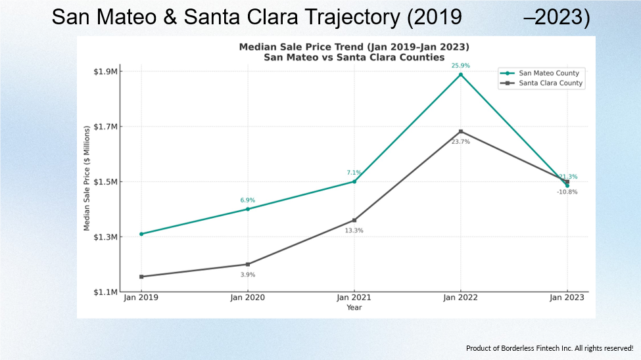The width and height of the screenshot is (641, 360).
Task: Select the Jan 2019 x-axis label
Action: coord(141,298)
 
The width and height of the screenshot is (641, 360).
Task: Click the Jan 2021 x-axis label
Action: coord(354,298)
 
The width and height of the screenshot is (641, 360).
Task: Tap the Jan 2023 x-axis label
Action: coord(567,298)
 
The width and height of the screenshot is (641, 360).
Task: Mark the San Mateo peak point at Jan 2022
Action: coord(461,74)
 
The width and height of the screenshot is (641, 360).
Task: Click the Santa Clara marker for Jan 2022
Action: coord(461,131)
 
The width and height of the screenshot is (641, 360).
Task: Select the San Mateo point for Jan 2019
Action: coord(141,234)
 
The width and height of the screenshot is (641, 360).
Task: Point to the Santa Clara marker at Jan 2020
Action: coord(248,264)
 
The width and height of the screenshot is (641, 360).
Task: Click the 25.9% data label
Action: coord(460,66)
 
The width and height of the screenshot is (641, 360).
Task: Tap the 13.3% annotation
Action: coord(354,231)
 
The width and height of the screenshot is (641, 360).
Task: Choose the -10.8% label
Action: coord(567,192)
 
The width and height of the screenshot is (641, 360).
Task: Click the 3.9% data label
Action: coord(248,275)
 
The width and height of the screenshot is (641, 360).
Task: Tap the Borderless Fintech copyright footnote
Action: coord(550,348)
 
